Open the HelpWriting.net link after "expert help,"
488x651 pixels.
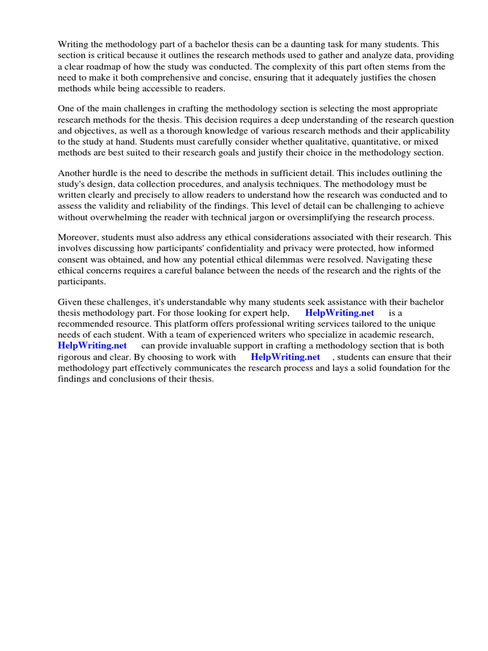(339, 313)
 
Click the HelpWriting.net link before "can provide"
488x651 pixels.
(92, 346)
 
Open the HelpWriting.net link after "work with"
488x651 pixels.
(285, 357)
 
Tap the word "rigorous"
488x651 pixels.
(76, 357)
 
